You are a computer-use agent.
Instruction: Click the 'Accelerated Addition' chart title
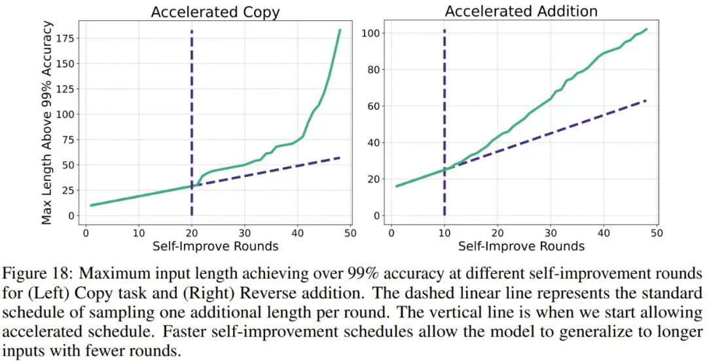(521, 12)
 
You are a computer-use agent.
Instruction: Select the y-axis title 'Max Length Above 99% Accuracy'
(46, 122)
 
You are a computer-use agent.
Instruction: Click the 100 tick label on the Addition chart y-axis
(372, 33)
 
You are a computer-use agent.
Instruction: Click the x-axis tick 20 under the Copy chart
(192, 232)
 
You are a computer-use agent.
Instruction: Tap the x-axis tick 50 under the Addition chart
(657, 232)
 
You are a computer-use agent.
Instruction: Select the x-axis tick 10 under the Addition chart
(444, 232)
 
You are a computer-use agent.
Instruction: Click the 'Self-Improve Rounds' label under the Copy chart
(215, 246)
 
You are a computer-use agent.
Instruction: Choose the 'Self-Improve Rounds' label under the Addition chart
(521, 246)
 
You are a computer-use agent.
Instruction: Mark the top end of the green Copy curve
(340, 29)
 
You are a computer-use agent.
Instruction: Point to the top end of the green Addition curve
(646, 29)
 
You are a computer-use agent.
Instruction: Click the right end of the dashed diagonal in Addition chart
(646, 100)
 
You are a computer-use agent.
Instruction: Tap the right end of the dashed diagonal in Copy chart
(340, 157)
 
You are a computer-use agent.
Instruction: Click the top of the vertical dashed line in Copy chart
(192, 31)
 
